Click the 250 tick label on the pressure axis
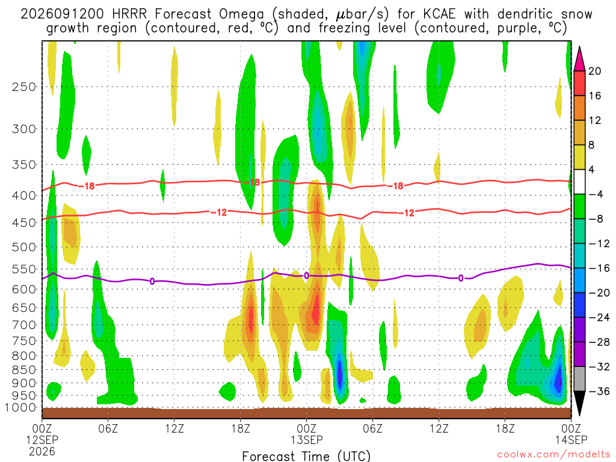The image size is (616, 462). (x=24, y=87)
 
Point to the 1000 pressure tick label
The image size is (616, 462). (x=21, y=407)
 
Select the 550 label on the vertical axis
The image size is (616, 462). (x=24, y=269)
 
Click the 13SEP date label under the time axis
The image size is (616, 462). (x=307, y=440)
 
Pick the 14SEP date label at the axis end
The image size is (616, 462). (x=571, y=440)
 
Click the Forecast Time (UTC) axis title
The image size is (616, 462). (x=306, y=456)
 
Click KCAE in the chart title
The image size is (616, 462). (x=439, y=14)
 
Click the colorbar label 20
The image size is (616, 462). (x=595, y=71)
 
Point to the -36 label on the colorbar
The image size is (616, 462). (x=599, y=391)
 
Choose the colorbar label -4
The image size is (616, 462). (x=596, y=194)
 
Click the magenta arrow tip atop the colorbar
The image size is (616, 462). (x=579, y=47)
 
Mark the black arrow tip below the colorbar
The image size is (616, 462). (x=579, y=415)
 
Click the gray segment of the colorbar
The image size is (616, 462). (x=579, y=379)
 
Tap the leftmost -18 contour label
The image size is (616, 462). (x=87, y=186)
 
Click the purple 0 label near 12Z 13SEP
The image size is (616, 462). (x=461, y=279)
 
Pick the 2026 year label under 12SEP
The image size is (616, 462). (x=42, y=452)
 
